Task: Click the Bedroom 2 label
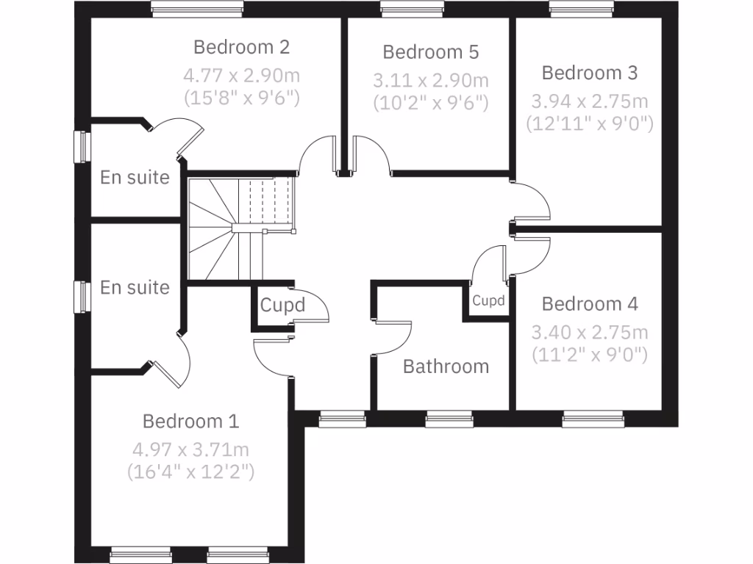click(x=241, y=48)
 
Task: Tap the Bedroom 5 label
click(x=430, y=52)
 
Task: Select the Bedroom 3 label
click(x=590, y=73)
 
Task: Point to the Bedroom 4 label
click(x=590, y=304)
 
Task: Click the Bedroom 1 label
click(x=190, y=422)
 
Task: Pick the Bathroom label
click(x=446, y=366)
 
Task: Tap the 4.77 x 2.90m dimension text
click(x=241, y=75)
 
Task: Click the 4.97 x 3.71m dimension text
click(x=190, y=449)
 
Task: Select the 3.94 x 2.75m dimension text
click(x=590, y=101)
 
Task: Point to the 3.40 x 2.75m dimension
click(x=590, y=333)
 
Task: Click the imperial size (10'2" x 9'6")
click(x=430, y=102)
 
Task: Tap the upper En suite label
click(x=135, y=177)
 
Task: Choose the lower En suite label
click(x=135, y=287)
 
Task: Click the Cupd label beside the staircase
click(x=282, y=305)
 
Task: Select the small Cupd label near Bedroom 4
click(x=488, y=300)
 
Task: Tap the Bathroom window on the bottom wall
click(x=446, y=420)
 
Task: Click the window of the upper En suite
click(x=82, y=146)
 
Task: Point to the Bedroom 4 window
click(x=593, y=420)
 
